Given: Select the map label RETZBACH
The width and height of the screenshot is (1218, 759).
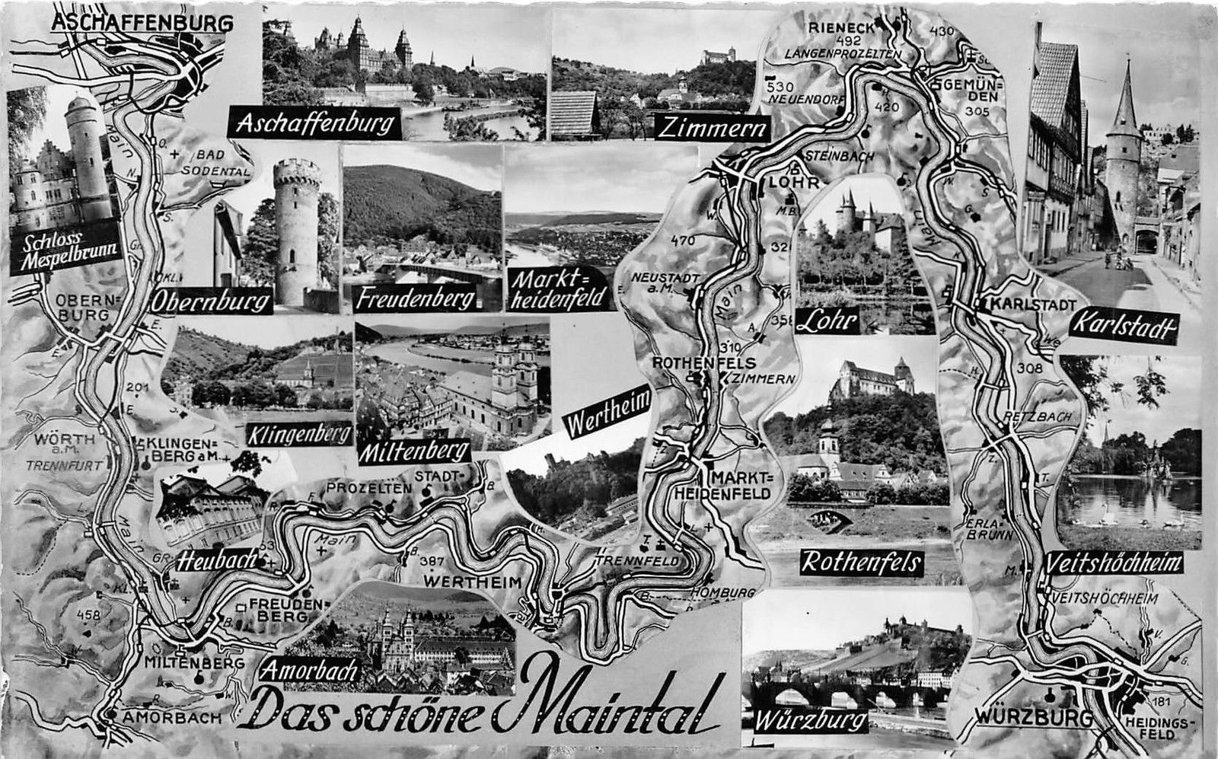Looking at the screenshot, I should click(1033, 417).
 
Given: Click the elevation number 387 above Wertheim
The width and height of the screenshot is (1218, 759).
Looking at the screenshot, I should click(432, 563).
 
